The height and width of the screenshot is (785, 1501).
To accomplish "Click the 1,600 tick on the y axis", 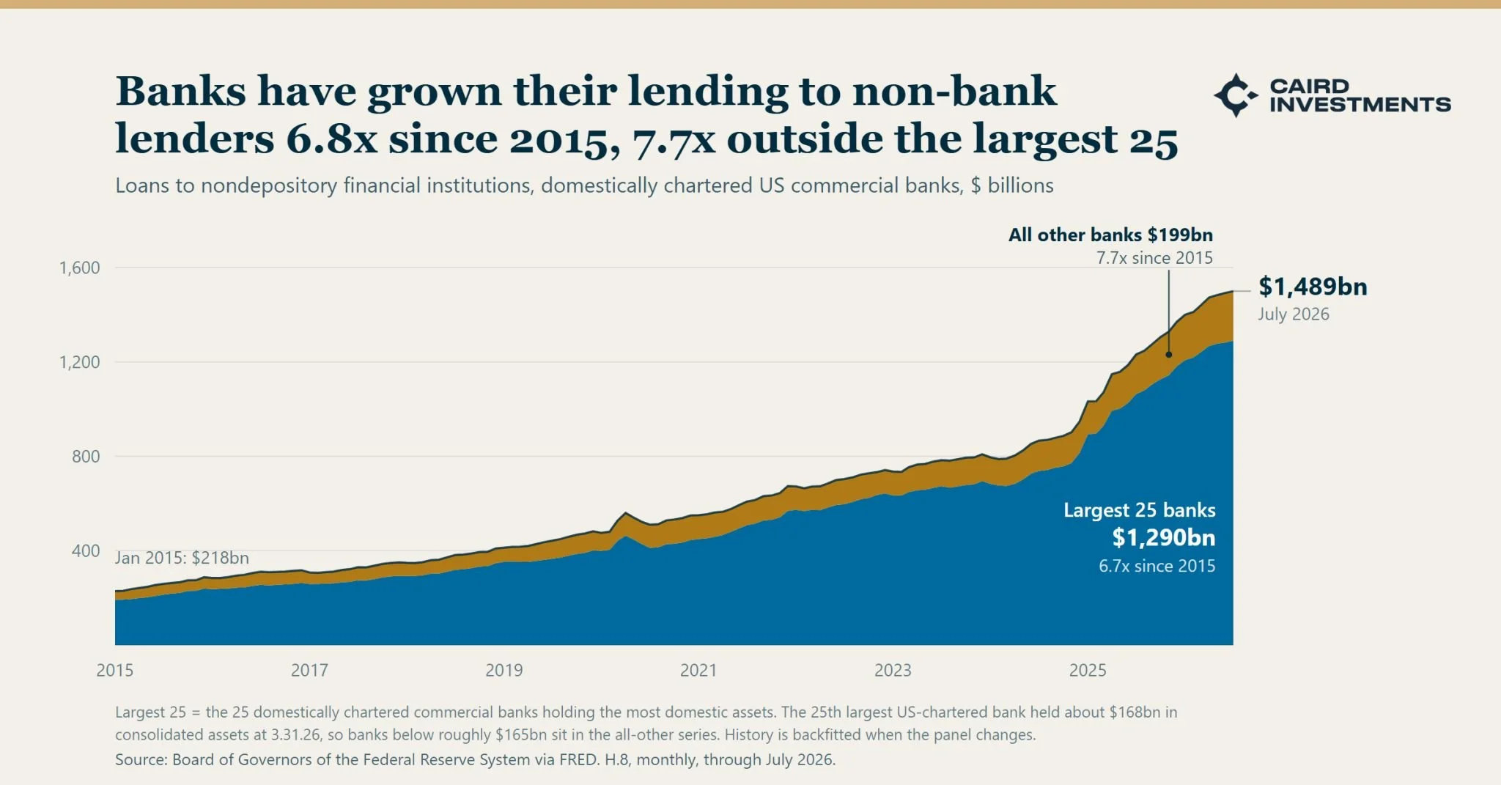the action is [x=79, y=268].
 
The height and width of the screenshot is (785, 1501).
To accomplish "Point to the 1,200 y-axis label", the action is [x=79, y=362].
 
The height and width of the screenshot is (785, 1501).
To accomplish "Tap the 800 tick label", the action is [x=86, y=457].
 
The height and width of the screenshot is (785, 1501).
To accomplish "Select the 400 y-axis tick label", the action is [x=86, y=550].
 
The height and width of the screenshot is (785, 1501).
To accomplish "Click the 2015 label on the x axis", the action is [x=115, y=670].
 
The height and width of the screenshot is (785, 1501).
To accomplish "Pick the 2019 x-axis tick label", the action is [x=504, y=670].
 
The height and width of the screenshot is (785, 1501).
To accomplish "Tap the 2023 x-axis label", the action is [x=893, y=670].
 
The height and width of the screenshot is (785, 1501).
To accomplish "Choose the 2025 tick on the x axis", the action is [x=1088, y=670].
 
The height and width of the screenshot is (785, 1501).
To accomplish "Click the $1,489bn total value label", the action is [x=1313, y=287].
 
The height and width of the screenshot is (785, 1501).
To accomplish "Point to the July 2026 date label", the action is [x=1294, y=314].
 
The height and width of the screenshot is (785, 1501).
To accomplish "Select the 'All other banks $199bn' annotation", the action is [x=1110, y=235].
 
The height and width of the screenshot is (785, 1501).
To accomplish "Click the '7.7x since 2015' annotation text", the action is [x=1154, y=258].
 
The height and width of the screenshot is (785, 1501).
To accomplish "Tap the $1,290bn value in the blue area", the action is [x=1164, y=538].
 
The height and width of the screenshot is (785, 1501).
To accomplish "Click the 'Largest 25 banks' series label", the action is [x=1140, y=510].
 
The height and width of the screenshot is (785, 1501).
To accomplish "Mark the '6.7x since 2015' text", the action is [x=1157, y=566].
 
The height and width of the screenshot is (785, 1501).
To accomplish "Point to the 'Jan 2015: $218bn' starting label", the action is [x=182, y=558].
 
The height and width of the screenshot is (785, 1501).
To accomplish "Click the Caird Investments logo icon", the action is [x=1236, y=95].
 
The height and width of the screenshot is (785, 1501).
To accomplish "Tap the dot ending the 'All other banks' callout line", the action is [x=1169, y=355].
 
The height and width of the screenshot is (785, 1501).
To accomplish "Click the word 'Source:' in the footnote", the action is [x=141, y=759].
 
